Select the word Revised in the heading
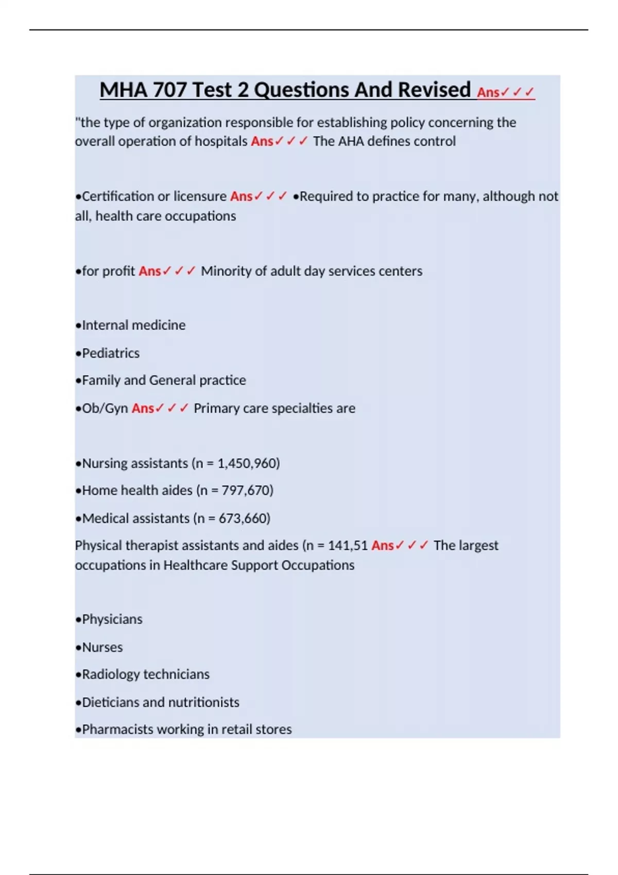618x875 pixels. pos(434,90)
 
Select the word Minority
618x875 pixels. pos(225,271)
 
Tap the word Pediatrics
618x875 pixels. pos(111,353)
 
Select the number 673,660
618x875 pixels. pos(243,518)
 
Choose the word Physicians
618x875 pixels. pos(112,619)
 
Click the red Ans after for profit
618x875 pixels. pos(150,271)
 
